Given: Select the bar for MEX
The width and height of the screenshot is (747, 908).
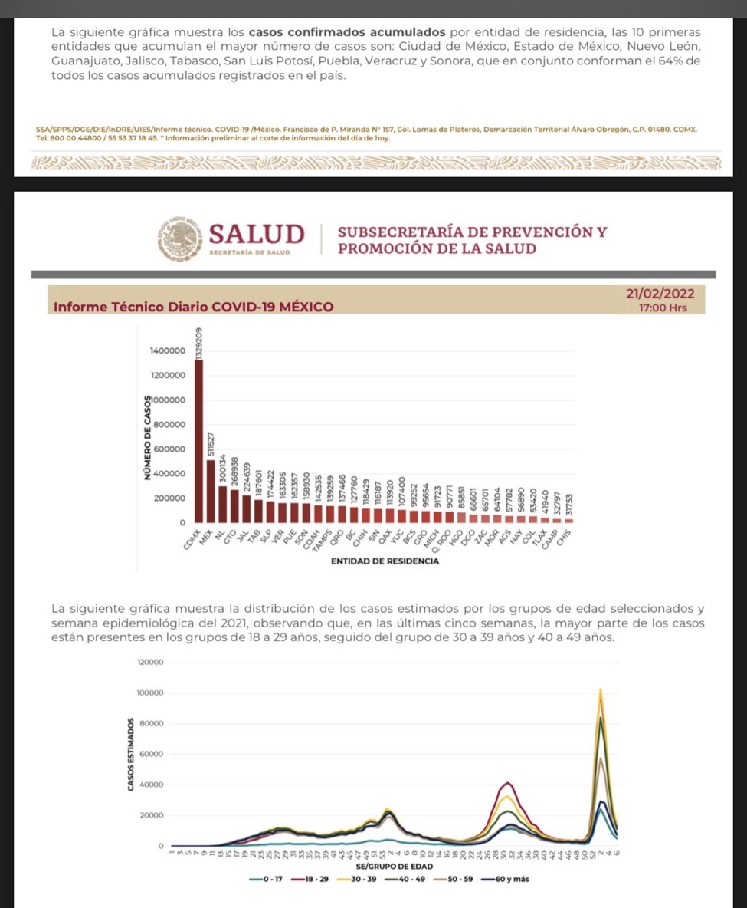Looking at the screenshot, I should (211, 491).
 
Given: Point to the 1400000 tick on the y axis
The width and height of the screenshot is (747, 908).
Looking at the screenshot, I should (168, 350).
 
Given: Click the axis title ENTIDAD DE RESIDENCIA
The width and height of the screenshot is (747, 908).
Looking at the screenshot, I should (385, 561).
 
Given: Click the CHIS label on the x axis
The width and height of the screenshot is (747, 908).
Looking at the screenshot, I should (565, 536).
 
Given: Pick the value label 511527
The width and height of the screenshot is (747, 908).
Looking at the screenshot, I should (211, 445).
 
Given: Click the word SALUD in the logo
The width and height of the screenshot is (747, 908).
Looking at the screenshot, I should (256, 233).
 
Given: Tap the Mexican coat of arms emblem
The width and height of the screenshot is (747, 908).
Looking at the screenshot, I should (180, 239).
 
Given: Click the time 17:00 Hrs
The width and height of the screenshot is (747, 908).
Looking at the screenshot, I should (663, 308).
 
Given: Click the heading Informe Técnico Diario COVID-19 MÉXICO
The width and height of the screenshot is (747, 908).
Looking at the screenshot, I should (194, 307).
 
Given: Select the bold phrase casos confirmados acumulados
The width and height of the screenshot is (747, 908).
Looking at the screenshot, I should (347, 33).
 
